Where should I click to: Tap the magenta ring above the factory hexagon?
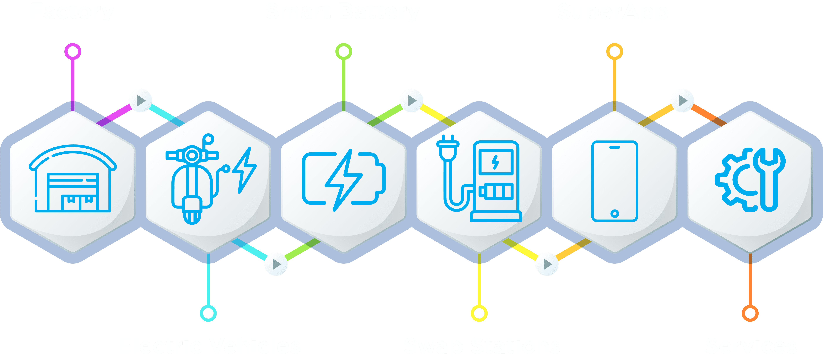pos(73,51)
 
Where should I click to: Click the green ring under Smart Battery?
pos(344,51)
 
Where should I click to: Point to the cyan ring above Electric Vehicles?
pos(208,313)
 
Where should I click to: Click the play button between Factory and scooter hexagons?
pos(141,101)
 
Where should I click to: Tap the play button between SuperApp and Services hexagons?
pos(682,101)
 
